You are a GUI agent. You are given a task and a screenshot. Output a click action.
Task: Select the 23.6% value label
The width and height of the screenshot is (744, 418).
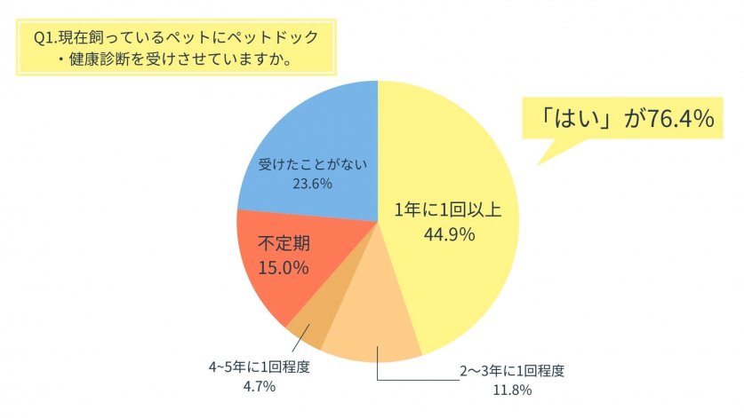(306, 184)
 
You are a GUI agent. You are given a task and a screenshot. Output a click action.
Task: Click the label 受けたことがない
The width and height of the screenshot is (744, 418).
(306, 164)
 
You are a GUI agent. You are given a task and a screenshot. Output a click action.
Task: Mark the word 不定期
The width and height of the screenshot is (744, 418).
(283, 241)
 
